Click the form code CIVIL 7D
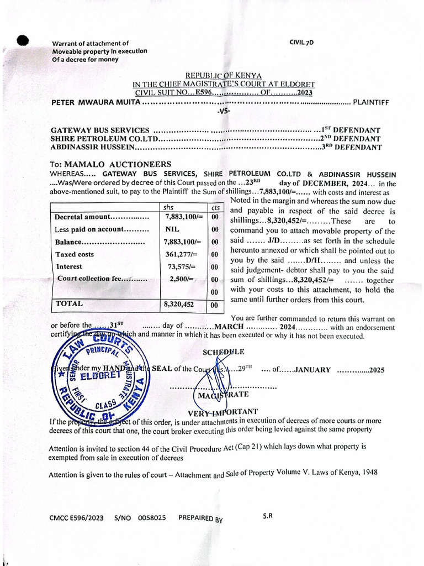301,42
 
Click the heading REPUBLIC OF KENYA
224,75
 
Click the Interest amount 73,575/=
179,266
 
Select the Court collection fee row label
102,279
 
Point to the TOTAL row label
69,303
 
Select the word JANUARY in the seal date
312,370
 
